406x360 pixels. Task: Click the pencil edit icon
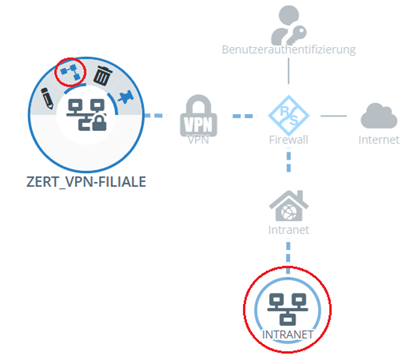(44, 97)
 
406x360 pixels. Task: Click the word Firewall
(286, 141)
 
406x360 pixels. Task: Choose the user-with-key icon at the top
(286, 22)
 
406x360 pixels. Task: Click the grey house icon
(286, 206)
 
